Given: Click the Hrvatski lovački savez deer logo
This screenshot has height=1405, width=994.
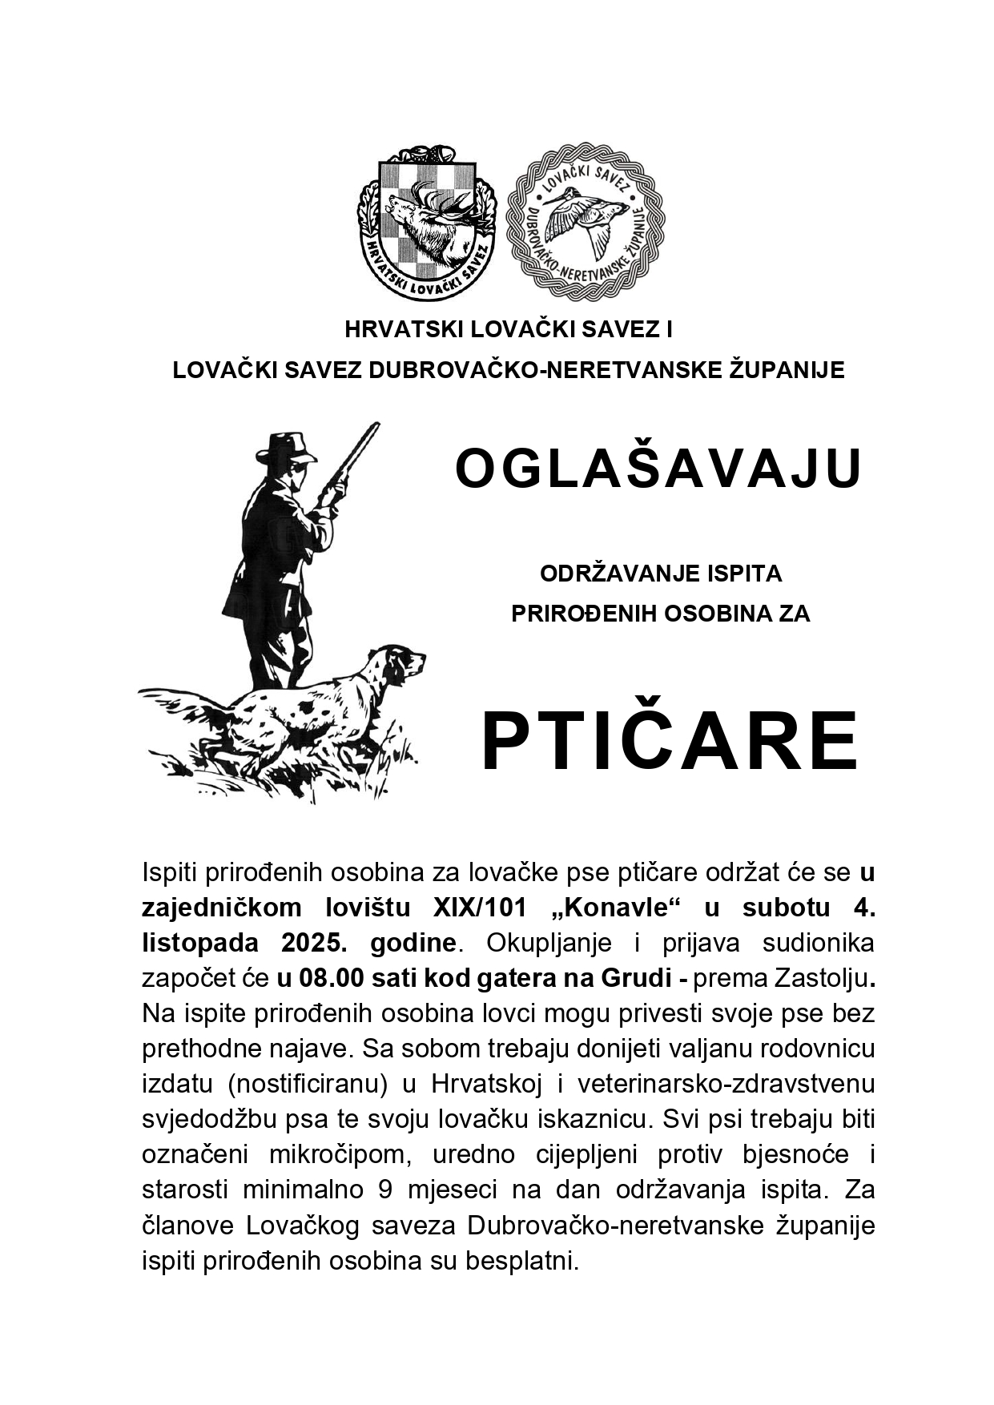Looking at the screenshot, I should [426, 219].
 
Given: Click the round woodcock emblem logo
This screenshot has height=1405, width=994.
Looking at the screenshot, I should [586, 222].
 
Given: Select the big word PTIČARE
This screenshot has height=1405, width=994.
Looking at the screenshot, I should [670, 741].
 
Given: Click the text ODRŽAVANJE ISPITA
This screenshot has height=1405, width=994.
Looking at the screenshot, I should [661, 574].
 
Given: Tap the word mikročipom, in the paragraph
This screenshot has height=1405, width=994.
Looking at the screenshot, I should [337, 1154].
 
